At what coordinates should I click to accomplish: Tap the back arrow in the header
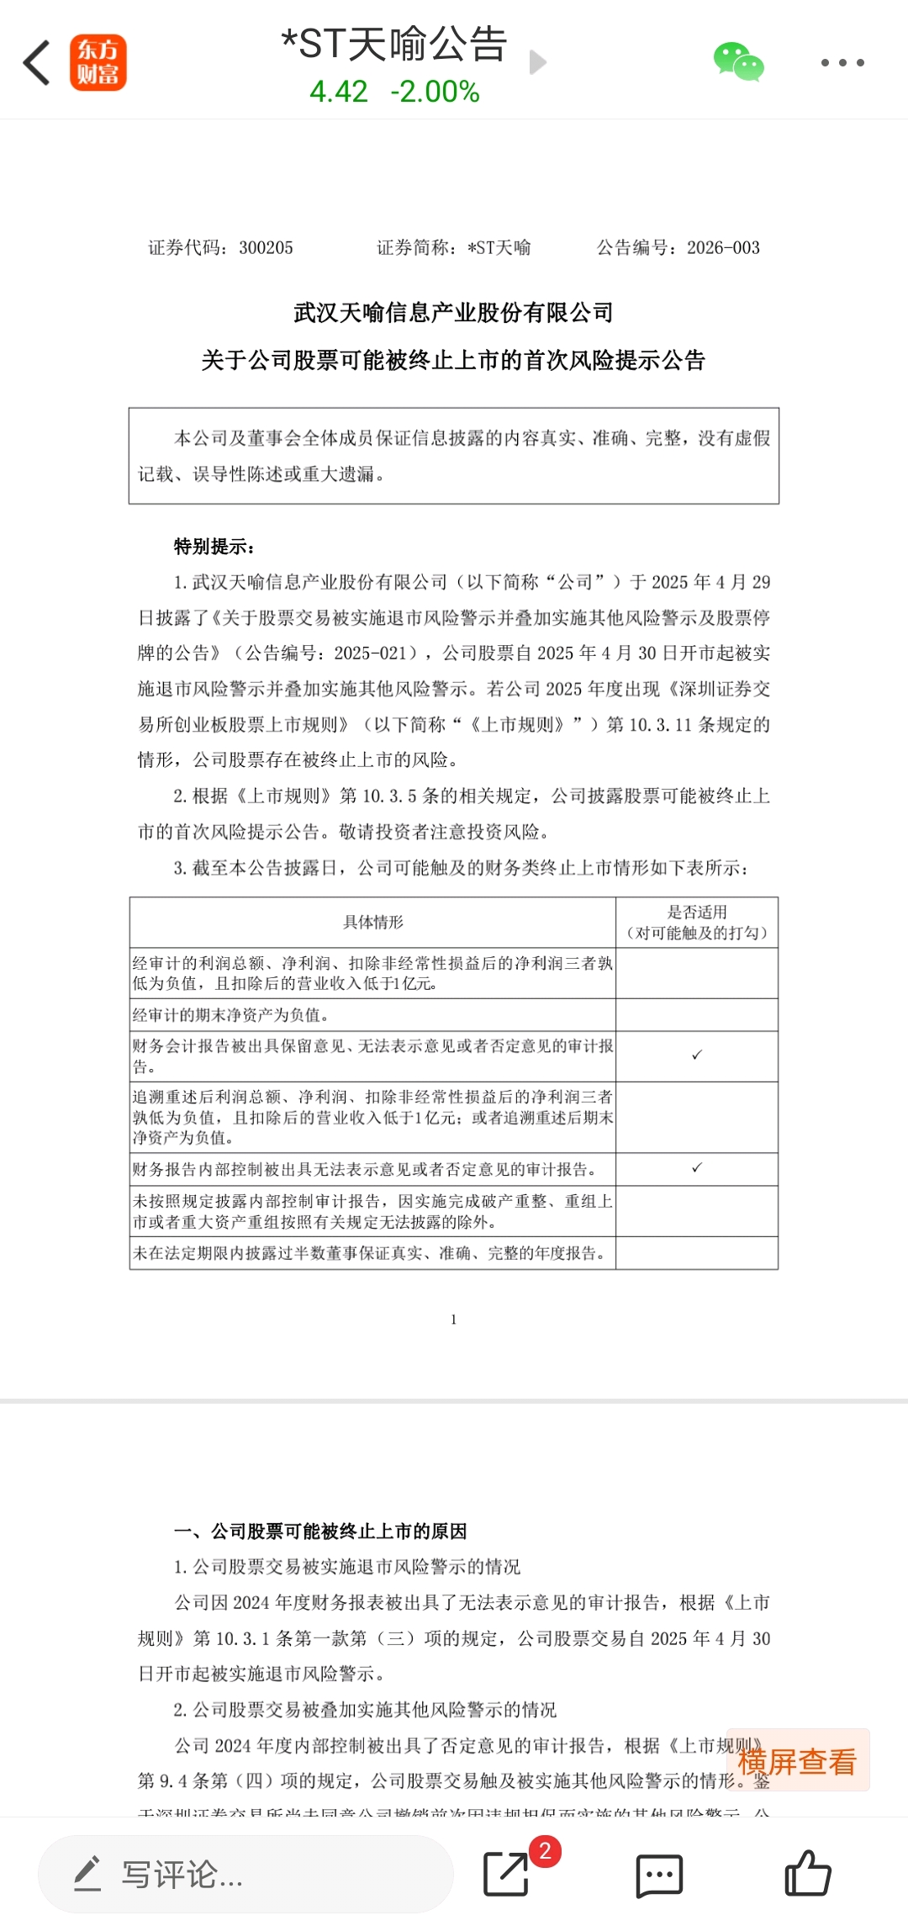[37, 62]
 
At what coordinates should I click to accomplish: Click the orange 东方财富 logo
[98, 62]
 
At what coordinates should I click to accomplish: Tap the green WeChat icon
[738, 62]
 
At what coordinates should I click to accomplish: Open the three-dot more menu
[842, 62]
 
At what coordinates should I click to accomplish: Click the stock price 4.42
[338, 92]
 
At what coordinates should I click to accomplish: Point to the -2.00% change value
[435, 92]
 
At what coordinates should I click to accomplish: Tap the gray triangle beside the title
[538, 62]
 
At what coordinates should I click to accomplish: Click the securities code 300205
[266, 248]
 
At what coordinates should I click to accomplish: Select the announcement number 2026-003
[723, 248]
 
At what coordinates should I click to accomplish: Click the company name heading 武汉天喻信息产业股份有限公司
[453, 313]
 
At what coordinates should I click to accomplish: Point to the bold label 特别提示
[214, 547]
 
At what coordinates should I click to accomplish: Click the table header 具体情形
[373, 923]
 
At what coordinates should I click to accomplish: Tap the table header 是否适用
[697, 913]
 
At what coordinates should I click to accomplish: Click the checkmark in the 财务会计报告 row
[697, 1055]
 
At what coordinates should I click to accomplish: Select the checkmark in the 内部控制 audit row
[697, 1168]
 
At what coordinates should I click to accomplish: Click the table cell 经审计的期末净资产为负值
[230, 1015]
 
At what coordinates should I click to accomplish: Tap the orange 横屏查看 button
[796, 1761]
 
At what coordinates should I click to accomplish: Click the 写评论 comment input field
[245, 1875]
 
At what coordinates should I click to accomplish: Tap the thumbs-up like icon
[807, 1874]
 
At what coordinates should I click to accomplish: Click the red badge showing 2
[545, 1851]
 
